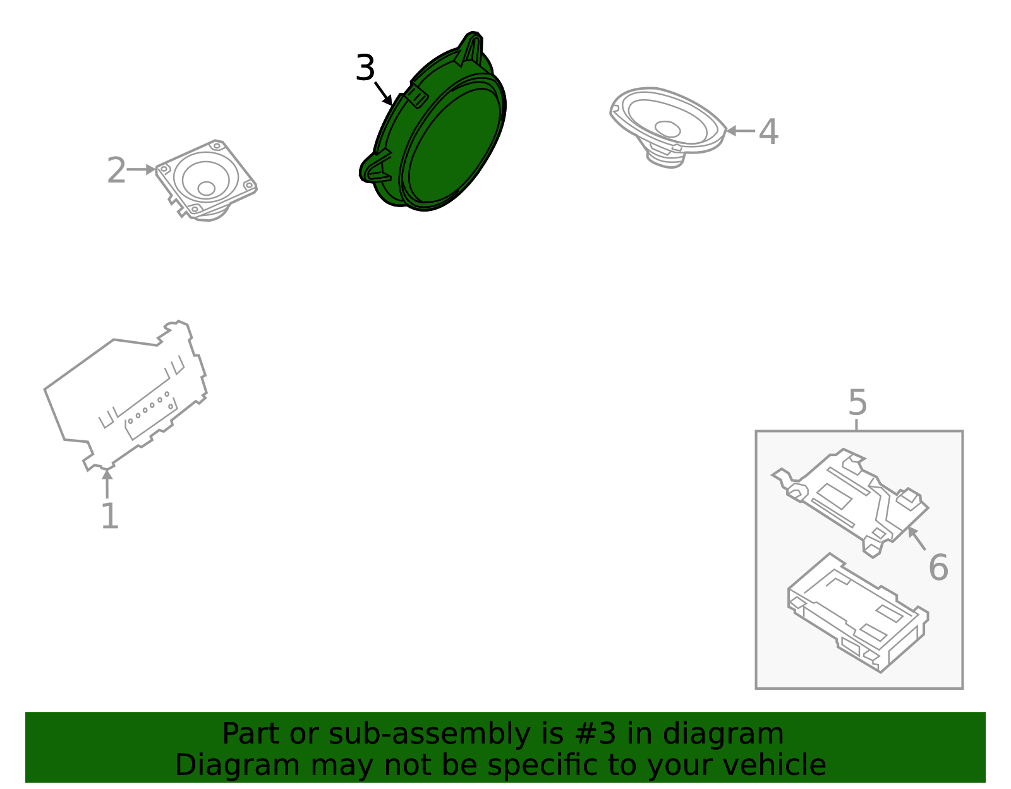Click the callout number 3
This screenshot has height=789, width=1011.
[365, 68]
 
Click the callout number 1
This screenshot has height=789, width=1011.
[110, 516]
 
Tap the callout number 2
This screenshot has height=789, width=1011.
[116, 171]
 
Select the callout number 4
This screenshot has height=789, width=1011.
[768, 133]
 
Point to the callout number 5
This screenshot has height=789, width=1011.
[857, 402]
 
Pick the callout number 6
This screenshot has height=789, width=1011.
[938, 567]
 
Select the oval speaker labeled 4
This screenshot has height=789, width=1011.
[667, 123]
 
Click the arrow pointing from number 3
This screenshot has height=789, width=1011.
[383, 93]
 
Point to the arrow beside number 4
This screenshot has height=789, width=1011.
[739, 131]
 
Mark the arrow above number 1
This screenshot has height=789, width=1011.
[107, 483]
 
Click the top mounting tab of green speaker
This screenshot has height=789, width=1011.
[471, 47]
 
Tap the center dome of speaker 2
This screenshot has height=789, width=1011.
[206, 188]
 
